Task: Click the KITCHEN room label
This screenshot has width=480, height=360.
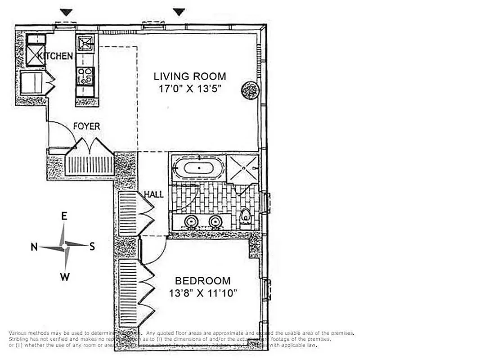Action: [55, 56]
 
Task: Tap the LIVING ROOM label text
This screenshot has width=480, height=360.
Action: [189, 76]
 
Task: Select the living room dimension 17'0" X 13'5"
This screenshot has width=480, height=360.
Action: [189, 89]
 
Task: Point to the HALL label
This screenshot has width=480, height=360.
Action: [153, 195]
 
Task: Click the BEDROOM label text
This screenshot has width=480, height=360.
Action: [202, 281]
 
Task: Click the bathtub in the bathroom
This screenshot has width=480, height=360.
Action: [198, 168]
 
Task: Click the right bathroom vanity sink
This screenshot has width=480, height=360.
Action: [216, 221]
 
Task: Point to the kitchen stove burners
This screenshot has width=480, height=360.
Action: [85, 76]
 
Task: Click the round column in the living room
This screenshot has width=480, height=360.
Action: [249, 91]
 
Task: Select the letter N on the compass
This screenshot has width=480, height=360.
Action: [34, 247]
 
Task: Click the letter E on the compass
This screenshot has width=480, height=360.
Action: [64, 216]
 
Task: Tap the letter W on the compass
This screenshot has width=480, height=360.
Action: [65, 277]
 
